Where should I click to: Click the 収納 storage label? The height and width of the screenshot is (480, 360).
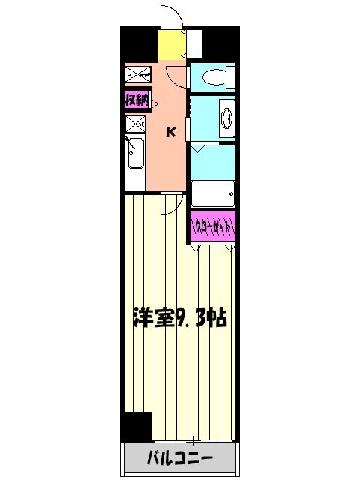136,99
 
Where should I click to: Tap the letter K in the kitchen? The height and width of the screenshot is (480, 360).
171,133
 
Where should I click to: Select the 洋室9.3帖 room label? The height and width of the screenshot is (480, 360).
180,316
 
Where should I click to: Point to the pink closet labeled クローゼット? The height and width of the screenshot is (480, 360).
214,226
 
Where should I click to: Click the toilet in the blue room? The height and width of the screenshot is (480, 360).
216,76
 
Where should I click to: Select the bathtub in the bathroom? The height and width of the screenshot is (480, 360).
214,194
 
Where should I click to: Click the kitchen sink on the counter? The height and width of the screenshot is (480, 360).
136,155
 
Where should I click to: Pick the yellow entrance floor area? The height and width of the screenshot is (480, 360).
171,46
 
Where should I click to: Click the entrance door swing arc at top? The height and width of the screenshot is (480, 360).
170,16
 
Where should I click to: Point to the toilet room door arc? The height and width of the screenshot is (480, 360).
176,76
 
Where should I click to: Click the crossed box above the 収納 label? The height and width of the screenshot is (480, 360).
138,73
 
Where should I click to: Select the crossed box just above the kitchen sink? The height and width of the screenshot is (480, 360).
135,124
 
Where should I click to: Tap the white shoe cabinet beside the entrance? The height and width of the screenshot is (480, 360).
193,44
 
